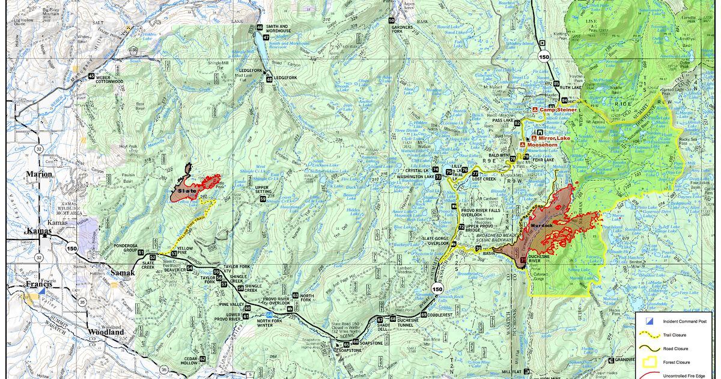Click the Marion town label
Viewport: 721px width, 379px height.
point(39,174)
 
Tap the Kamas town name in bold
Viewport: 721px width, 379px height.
point(40,230)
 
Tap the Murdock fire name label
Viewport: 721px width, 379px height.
point(541,226)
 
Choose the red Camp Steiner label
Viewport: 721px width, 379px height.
point(558,110)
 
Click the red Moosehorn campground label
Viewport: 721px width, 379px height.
point(544,145)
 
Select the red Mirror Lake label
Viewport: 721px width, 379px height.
point(554,138)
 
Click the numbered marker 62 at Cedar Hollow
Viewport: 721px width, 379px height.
point(202,359)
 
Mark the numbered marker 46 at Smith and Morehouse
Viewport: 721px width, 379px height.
point(260,28)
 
